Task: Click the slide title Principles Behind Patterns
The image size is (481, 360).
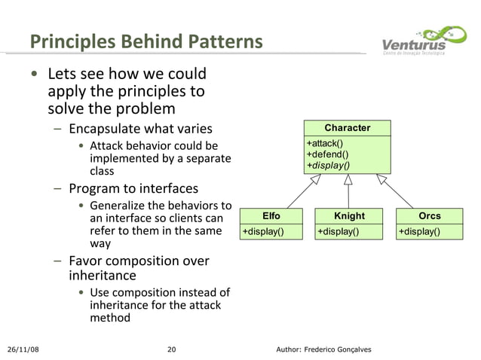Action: (146, 41)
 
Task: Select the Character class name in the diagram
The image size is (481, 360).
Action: (348, 128)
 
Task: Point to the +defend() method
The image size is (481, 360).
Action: (326, 154)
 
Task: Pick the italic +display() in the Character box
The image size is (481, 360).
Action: (327, 165)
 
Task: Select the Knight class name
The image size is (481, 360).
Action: (349, 216)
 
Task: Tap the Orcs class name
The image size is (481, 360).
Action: (429, 216)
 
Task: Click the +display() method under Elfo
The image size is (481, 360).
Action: (262, 231)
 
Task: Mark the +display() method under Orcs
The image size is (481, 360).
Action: (420, 231)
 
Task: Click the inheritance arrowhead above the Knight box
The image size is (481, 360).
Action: (348, 180)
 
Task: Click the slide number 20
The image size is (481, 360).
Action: (171, 349)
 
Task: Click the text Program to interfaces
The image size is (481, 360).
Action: (133, 188)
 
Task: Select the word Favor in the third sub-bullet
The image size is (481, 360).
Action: (87, 261)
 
